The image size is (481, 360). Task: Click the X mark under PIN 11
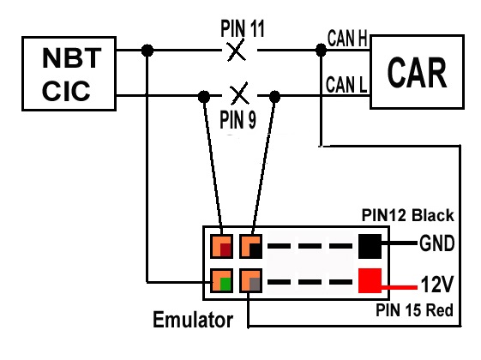[236, 51]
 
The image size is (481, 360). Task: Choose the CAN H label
[347, 39]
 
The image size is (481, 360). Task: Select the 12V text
[436, 281]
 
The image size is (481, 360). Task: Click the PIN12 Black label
[408, 215]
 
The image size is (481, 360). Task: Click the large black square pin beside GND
[370, 245]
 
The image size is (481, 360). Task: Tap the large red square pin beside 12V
[370, 281]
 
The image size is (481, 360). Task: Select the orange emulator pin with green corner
[221, 281]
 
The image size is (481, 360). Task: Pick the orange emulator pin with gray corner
[251, 281]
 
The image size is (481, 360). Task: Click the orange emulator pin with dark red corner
[221, 246]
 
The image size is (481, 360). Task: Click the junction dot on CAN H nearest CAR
[321, 51]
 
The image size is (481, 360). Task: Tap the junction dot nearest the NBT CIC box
[148, 51]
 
